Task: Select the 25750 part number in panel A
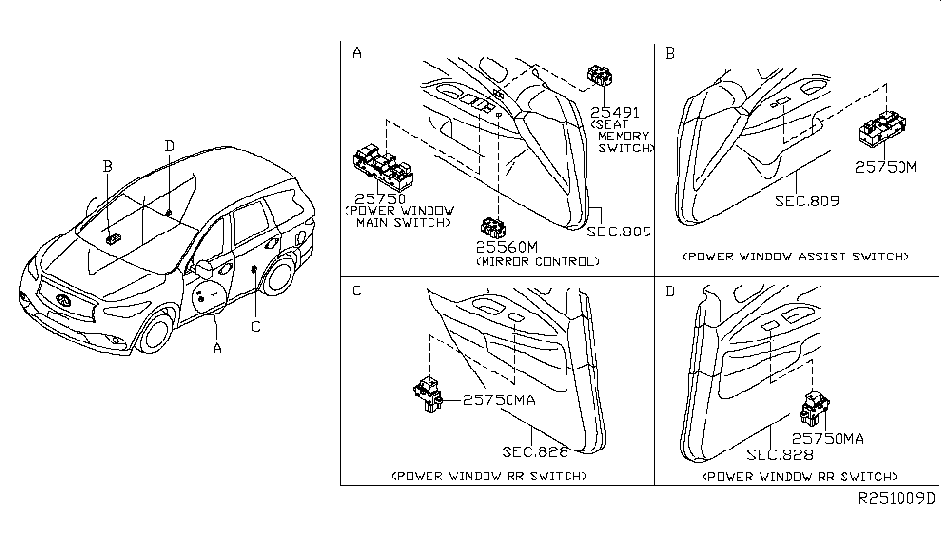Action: [x=382, y=198]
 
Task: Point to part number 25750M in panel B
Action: [x=884, y=166]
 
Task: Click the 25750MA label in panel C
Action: [x=501, y=397]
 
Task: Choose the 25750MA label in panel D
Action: [x=828, y=439]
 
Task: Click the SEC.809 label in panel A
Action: [x=618, y=232]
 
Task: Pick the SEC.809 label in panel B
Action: [x=806, y=202]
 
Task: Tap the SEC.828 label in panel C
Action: [x=535, y=450]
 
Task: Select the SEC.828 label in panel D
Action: [x=778, y=453]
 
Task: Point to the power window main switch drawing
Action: [x=384, y=166]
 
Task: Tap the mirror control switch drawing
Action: [x=495, y=228]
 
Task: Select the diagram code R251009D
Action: [x=897, y=499]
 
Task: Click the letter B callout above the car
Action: [x=108, y=166]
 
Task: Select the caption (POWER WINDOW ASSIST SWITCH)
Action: [x=794, y=257]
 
